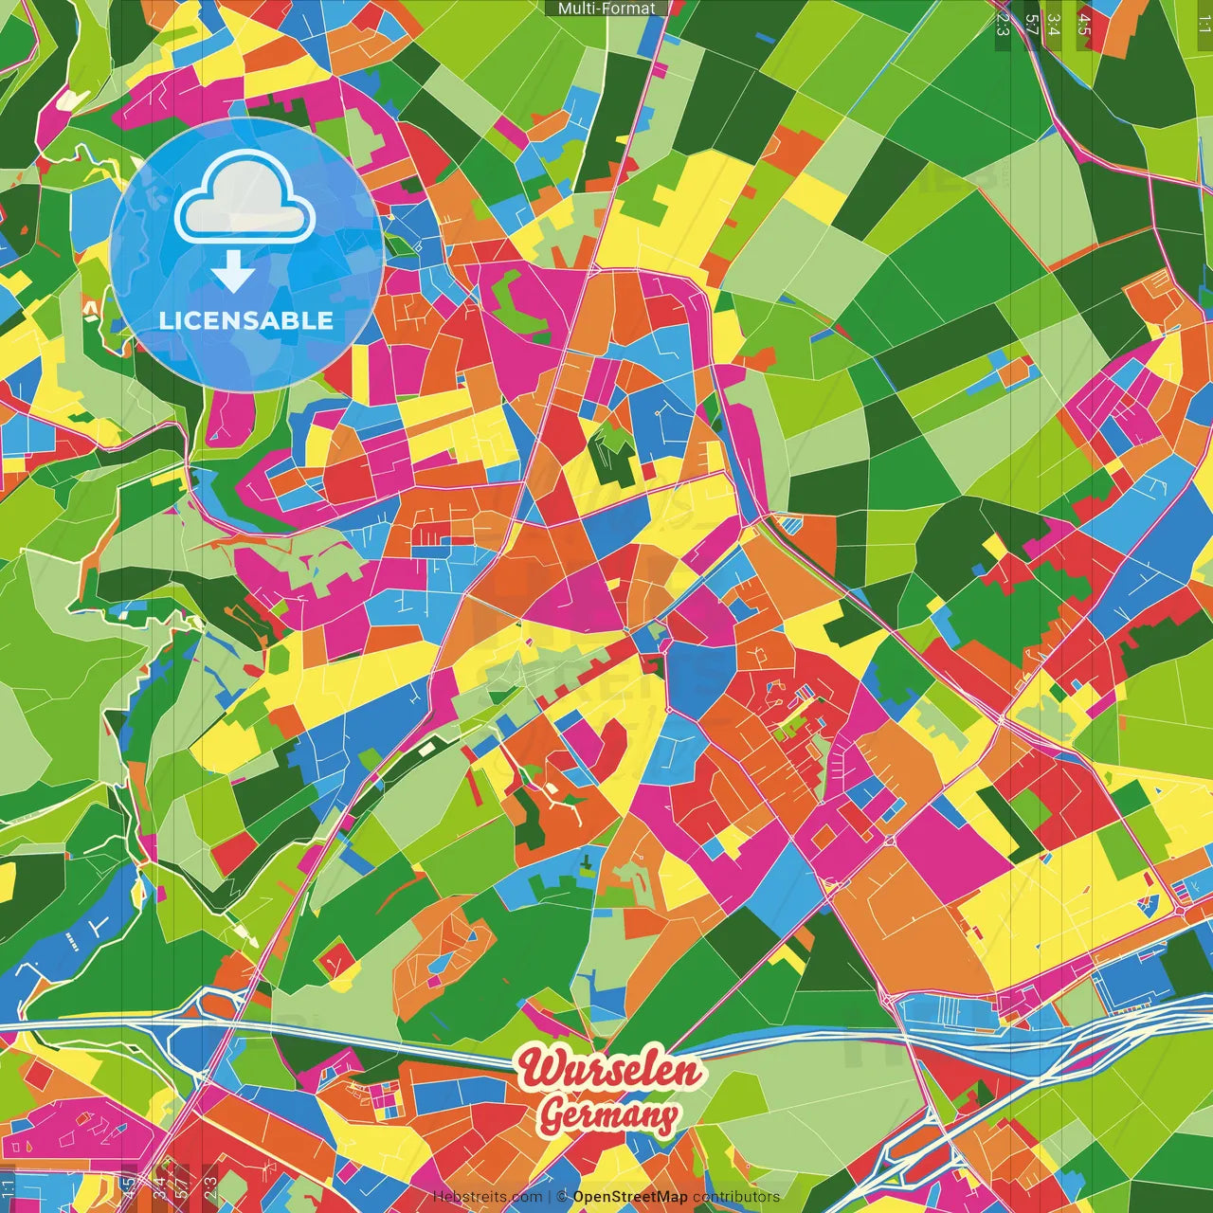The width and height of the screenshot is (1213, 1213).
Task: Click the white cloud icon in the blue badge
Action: pos(245,199)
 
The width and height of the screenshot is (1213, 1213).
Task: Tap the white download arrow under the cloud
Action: pos(233,272)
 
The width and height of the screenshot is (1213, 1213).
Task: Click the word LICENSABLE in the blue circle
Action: pos(246,320)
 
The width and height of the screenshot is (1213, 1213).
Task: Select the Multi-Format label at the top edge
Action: pos(606,9)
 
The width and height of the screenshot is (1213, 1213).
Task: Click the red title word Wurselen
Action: pos(610,1070)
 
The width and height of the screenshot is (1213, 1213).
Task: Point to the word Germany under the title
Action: pos(609,1115)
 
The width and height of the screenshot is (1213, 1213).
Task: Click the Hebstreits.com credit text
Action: pos(487,1197)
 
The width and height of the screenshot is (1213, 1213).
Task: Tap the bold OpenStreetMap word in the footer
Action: pos(630,1197)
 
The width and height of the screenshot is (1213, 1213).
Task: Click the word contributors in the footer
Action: pos(736,1197)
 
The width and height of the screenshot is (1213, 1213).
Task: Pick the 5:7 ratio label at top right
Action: pos(1032,24)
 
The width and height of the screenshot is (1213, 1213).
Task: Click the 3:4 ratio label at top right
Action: pos(1055,24)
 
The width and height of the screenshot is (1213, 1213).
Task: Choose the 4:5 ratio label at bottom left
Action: pos(128,1188)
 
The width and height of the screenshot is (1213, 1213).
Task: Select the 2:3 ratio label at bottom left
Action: pos(209,1188)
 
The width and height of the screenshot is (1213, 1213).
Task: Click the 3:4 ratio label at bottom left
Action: pos(159,1188)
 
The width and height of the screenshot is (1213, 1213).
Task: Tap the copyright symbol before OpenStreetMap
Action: pos(562,1197)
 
